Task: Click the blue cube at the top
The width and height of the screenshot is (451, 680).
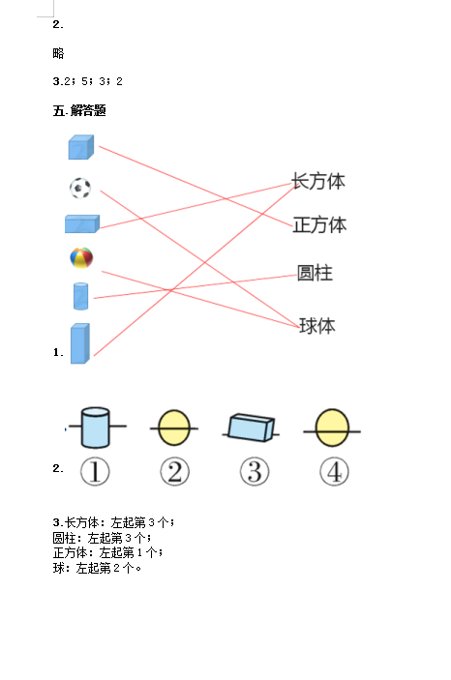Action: click(81, 147)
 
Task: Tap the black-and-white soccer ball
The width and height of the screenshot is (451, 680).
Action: click(80, 188)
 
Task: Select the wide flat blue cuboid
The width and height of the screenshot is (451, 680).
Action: click(82, 223)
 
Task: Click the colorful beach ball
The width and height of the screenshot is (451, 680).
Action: click(81, 257)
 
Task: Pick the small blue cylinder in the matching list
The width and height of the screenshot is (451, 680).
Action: click(80, 296)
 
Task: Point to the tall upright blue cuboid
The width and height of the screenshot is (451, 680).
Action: click(80, 343)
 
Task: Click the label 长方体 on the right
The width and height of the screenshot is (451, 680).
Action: click(318, 181)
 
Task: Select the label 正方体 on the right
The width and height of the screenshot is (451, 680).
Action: click(320, 224)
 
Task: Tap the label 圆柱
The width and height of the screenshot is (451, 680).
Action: click(315, 273)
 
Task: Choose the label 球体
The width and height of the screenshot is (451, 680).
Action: click(317, 326)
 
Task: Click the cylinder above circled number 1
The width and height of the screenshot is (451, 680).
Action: click(95, 428)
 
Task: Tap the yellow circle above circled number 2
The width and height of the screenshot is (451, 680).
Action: click(174, 429)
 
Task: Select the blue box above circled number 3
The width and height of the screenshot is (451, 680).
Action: click(252, 428)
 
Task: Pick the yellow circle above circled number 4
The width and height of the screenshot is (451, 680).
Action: click(332, 429)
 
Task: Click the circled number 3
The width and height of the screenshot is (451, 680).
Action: click(255, 471)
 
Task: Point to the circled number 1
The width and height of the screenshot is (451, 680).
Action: click(95, 471)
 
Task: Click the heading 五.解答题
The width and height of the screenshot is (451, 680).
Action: click(79, 110)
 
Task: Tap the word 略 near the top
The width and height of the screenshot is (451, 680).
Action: click(58, 53)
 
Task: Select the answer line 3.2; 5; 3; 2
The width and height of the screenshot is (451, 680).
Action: click(88, 81)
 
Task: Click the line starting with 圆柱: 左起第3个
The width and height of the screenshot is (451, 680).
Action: click(102, 538)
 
